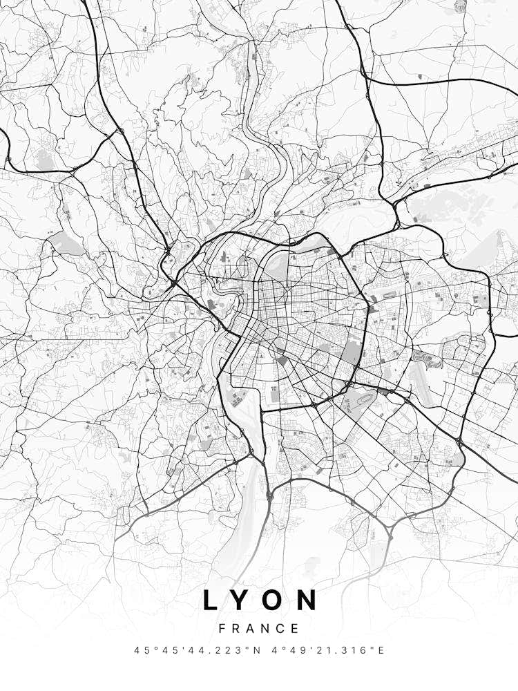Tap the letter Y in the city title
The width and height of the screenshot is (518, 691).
tap(241, 600)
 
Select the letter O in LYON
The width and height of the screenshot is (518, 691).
tap(274, 600)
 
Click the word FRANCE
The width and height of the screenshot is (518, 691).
tap(259, 629)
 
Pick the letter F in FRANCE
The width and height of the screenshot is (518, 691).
tap(222, 629)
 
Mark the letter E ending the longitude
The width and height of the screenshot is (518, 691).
tap(381, 650)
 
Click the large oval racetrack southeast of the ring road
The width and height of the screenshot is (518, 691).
tap(360, 399)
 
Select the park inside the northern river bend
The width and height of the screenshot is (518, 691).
tap(278, 265)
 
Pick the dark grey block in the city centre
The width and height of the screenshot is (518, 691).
tap(282, 360)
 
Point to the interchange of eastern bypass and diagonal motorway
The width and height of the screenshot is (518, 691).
tap(459, 440)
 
